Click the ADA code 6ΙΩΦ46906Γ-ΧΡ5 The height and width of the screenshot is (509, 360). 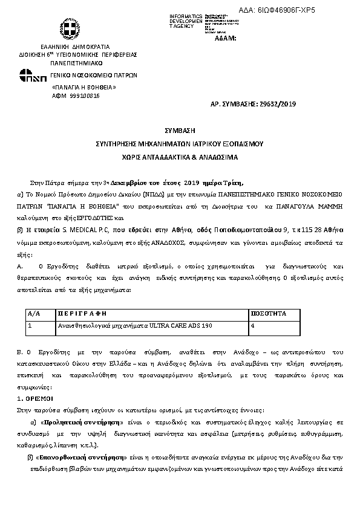(x=295, y=10)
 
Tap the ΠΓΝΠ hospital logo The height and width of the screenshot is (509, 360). (x=32, y=76)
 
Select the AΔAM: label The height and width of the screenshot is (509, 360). (x=226, y=38)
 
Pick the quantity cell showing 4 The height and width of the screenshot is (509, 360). (x=252, y=325)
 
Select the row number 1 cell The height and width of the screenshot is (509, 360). (x=30, y=325)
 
